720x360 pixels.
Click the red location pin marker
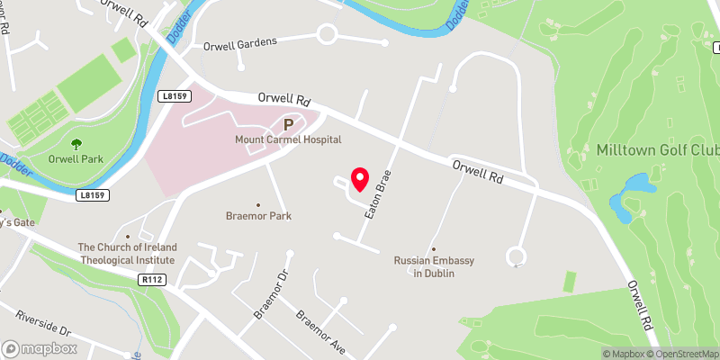(x=359, y=178)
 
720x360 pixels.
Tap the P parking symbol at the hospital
(x=289, y=125)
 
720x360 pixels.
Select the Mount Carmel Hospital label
(x=288, y=140)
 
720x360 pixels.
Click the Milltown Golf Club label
(x=657, y=148)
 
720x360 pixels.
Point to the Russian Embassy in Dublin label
(x=435, y=266)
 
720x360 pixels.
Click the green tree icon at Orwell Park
(x=76, y=143)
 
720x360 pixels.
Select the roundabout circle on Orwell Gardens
(x=326, y=36)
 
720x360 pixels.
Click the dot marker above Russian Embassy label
(x=434, y=249)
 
